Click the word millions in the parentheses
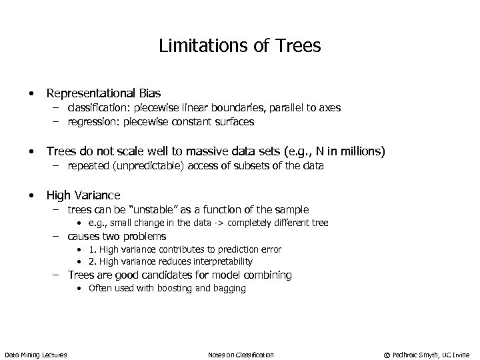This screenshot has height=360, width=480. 358,152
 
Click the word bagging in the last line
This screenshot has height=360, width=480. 229,288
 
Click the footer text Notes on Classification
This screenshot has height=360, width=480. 241,355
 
